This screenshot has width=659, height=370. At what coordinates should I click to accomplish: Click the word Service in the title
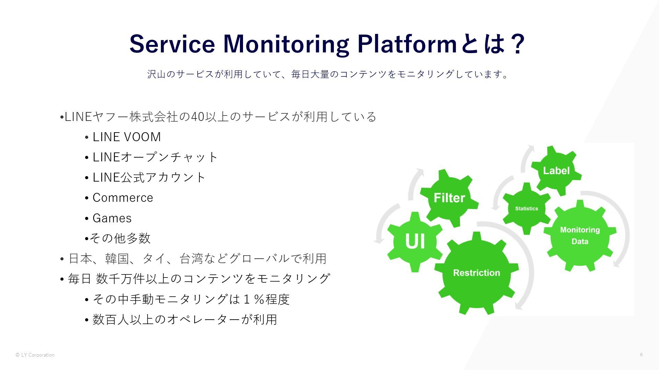coord(172,44)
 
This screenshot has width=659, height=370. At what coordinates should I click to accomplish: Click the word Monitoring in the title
coord(286,44)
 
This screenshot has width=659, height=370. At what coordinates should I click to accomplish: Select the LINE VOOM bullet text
coord(127,137)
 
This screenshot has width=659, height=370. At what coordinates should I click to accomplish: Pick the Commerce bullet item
coord(123,198)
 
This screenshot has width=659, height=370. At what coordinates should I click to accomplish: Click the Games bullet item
coord(112,218)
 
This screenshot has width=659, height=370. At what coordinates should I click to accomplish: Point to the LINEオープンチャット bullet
coord(155,157)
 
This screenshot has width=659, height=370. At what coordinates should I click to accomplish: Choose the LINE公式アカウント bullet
coord(149,177)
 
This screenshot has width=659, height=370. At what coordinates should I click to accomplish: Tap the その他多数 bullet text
coord(120,238)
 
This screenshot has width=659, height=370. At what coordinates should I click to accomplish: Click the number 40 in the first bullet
coord(197,117)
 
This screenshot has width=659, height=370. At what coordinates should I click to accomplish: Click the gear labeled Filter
coord(449,198)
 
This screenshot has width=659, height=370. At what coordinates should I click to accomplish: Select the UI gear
coord(415,241)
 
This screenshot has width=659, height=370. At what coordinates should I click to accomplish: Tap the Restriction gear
coord(476,273)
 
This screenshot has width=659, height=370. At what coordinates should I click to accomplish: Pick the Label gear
coord(556,171)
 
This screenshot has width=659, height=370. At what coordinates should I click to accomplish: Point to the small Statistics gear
coord(527,208)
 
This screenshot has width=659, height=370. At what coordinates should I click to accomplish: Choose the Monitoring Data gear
coord(580,235)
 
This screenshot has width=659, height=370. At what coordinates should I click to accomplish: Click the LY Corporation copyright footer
coord(35,355)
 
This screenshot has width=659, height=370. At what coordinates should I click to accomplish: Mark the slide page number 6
coord(641,355)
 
